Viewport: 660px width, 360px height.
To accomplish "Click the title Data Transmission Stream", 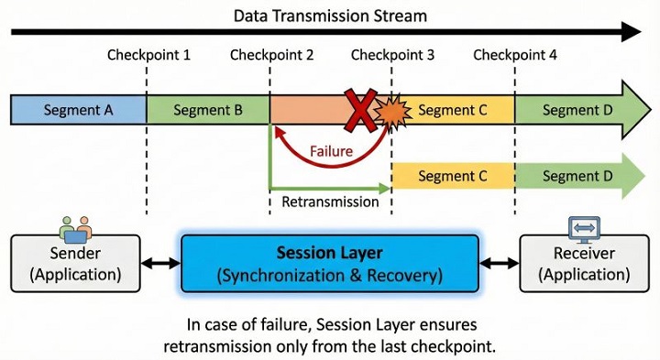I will (330, 16).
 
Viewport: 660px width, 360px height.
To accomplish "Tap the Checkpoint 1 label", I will (148, 55).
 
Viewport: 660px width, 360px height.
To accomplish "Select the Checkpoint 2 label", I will (271, 55).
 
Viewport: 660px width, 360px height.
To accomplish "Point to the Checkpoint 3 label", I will (392, 55).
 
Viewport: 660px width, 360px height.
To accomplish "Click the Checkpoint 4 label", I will (514, 55).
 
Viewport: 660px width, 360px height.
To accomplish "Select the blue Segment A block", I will (78, 110).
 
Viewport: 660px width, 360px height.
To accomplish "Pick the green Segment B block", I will (208, 110).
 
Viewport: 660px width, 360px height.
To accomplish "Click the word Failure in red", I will (331, 151).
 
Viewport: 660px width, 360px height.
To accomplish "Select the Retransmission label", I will (330, 202).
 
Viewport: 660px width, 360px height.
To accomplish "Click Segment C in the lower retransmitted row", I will (452, 174).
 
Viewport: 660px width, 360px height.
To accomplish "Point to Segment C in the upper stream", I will (452, 110).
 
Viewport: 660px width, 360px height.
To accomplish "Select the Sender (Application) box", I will (76, 264).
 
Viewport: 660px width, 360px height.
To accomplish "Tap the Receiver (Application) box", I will (583, 264).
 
